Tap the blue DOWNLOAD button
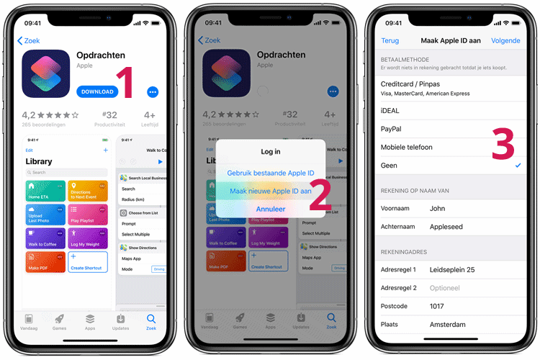pos(97,91)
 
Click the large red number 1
pos(127,82)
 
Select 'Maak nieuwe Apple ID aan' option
pos(270,191)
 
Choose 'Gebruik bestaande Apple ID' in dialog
pos(270,173)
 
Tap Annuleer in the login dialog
pos(270,209)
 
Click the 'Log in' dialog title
pos(270,152)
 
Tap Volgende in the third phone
pos(505,41)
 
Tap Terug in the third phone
pos(390,41)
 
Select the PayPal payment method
pos(391,129)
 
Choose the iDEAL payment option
pos(390,111)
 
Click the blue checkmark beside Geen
pos(518,166)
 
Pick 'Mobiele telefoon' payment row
pos(407,147)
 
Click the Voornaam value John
pos(437,208)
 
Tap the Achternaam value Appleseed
pos(446,226)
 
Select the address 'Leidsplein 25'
pos(452,270)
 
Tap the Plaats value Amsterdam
pos(447,324)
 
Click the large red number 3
pos(503,145)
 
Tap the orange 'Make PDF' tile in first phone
pos(45,261)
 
